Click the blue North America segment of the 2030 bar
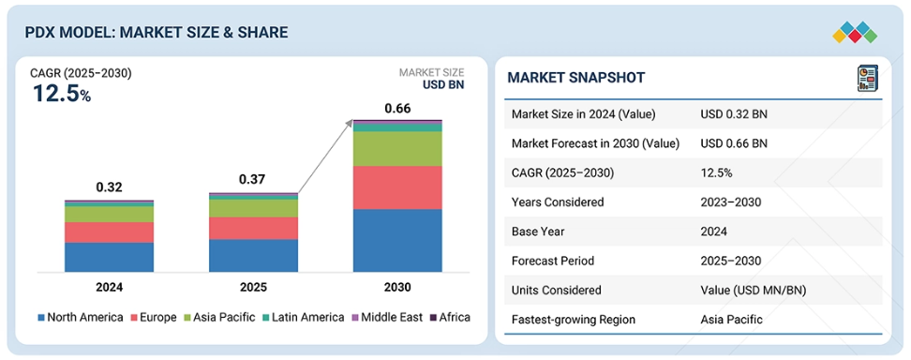pos(397,240)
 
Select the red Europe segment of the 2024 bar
pos(110,232)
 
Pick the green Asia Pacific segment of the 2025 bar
pos(253,208)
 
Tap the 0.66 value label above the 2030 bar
pos(397,108)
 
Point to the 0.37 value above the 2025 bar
pos(252,179)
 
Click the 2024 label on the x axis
pos(109,287)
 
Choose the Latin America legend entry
pos(304,317)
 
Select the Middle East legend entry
pos(386,317)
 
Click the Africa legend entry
pos(450,317)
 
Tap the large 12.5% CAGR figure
pos(62,93)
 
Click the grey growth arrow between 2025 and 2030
pos(325,157)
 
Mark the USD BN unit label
pos(443,85)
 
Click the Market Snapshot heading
pos(575,78)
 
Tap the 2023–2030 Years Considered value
pos(731,202)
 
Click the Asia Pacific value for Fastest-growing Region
pos(731,320)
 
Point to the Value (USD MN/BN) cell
pos(754,290)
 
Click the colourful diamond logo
pos(855,33)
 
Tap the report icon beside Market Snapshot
pos(868,78)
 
